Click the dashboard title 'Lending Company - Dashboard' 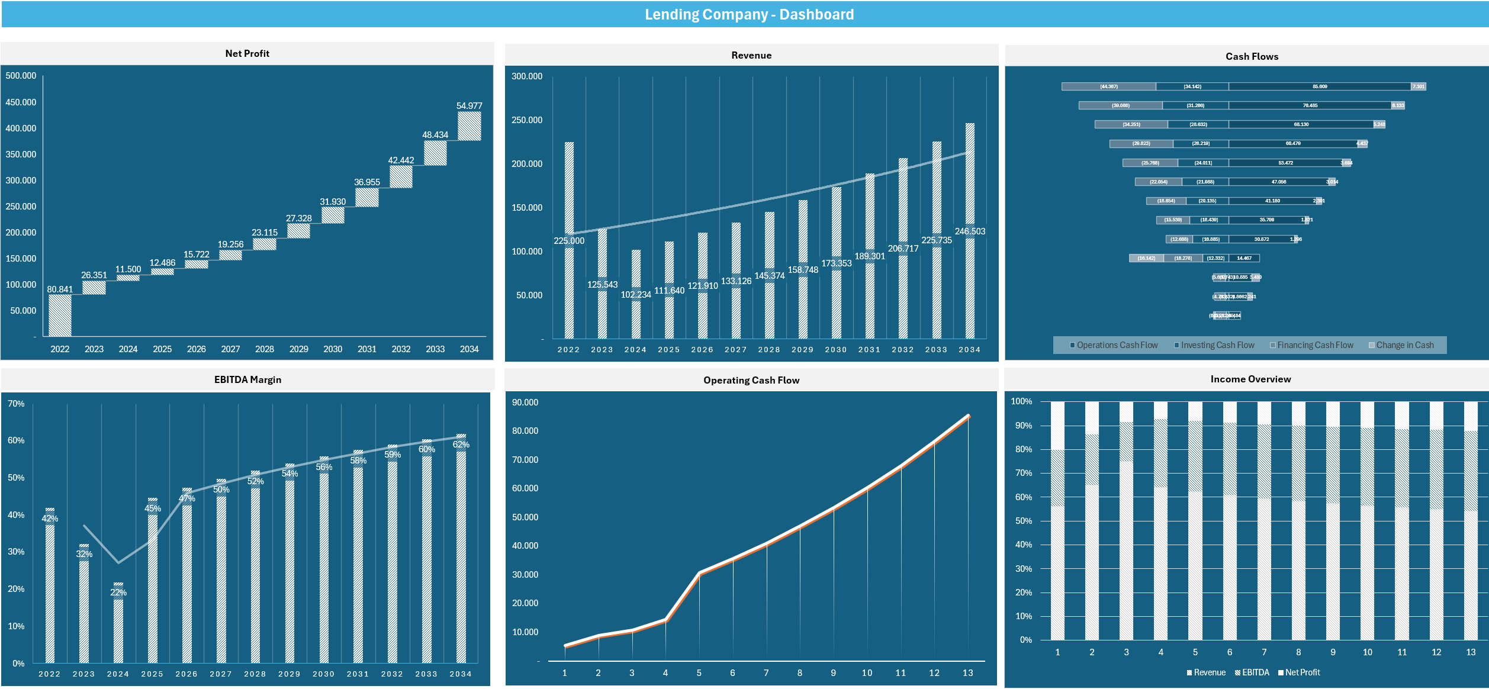pos(749,14)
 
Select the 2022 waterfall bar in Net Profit pos(60,315)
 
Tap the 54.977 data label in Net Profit pos(469,106)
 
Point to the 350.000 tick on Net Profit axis pos(21,154)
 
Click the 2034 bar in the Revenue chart pos(970,231)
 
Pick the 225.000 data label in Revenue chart pos(569,241)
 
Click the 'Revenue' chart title pos(751,55)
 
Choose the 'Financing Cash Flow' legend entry pos(1315,345)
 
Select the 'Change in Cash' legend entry pos(1404,345)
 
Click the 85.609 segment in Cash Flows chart pos(1319,86)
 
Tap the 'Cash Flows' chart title pos(1252,56)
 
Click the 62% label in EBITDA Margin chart pos(461,445)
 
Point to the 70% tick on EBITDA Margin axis pos(16,404)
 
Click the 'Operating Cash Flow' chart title pos(751,380)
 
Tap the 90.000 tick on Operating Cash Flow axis pos(525,403)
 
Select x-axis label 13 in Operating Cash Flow pos(967,673)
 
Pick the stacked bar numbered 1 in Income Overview pos(1057,521)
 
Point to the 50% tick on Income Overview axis pos(1023,521)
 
